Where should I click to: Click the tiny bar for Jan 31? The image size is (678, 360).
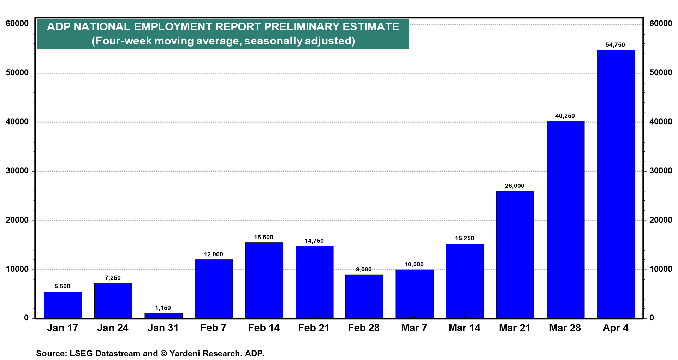(x=163, y=316)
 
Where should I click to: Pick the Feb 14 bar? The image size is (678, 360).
(x=264, y=281)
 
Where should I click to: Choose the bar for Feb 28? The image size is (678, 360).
(x=364, y=296)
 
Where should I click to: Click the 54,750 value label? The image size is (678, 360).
(x=615, y=45)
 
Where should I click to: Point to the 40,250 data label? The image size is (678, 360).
(x=565, y=116)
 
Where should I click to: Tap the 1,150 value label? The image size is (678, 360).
(x=163, y=308)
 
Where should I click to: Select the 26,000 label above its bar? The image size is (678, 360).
(x=515, y=186)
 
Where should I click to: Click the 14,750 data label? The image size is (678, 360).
(x=314, y=241)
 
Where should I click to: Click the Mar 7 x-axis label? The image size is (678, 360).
(x=414, y=328)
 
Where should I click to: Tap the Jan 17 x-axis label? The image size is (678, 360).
(x=63, y=328)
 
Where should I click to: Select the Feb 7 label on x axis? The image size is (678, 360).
(x=213, y=328)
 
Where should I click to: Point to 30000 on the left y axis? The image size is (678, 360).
(x=17, y=171)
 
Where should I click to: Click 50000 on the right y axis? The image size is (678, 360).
(x=661, y=73)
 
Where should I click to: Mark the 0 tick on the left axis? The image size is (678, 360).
(x=26, y=318)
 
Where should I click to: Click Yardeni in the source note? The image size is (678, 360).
(x=185, y=353)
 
